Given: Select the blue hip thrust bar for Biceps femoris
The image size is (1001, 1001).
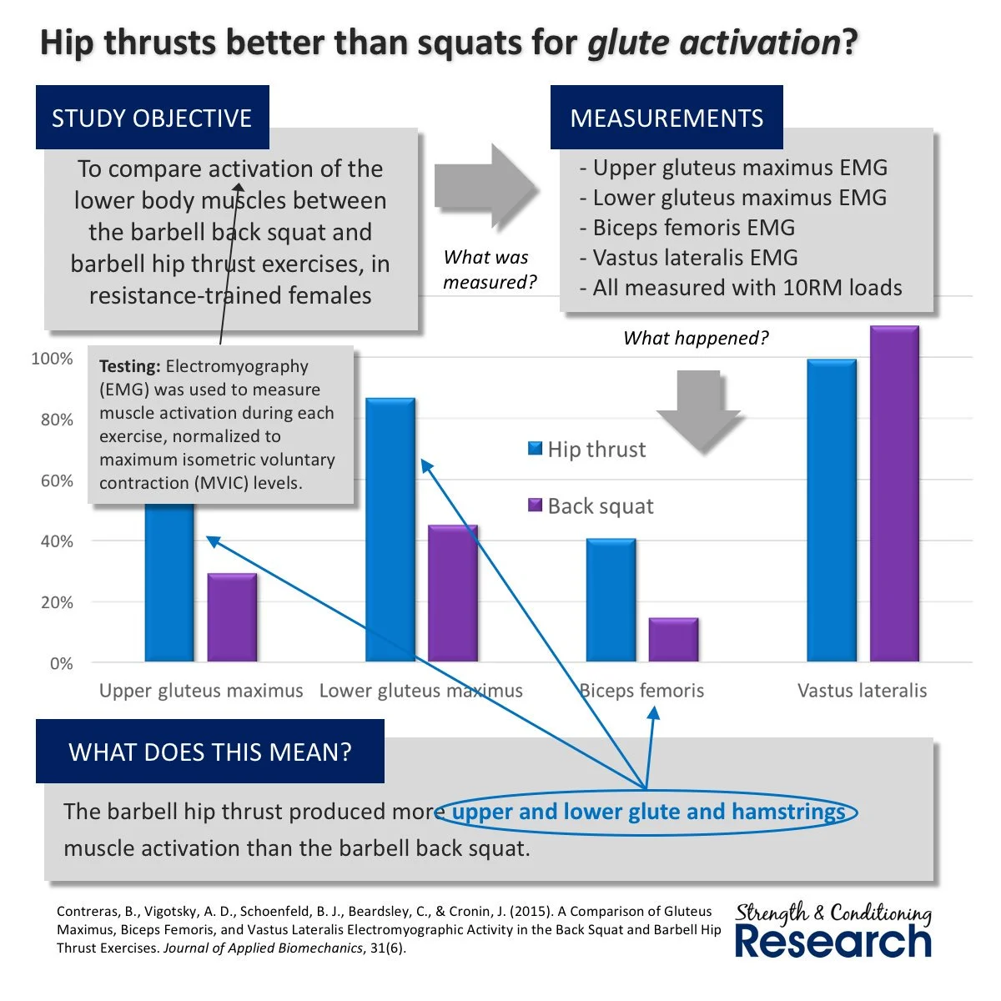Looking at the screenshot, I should (611, 601).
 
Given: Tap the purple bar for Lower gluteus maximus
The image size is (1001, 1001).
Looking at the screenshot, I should (453, 593).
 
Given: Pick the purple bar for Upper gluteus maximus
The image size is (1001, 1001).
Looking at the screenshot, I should (232, 617).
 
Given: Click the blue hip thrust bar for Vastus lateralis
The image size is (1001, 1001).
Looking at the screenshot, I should (832, 511).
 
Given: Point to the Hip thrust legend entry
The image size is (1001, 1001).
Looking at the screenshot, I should (587, 450).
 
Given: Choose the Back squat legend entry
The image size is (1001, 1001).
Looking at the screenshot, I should (591, 506).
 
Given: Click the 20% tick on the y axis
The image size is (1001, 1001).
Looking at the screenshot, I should (57, 602).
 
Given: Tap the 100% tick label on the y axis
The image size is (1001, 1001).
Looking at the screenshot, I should (52, 359).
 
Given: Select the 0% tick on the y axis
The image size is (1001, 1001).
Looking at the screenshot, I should (61, 664).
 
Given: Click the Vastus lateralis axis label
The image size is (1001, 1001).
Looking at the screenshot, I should (862, 691).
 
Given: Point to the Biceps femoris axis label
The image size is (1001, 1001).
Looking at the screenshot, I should (641, 691).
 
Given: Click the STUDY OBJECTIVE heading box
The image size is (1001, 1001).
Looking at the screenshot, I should (152, 118).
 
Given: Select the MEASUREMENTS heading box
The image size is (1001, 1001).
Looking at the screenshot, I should (666, 118).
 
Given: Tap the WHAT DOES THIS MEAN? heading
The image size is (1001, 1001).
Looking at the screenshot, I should (210, 752).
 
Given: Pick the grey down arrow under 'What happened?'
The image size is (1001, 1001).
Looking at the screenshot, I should (698, 408).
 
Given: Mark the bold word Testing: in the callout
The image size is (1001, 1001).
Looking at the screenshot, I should (129, 366).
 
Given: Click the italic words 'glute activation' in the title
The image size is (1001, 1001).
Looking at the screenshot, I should (713, 43).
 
